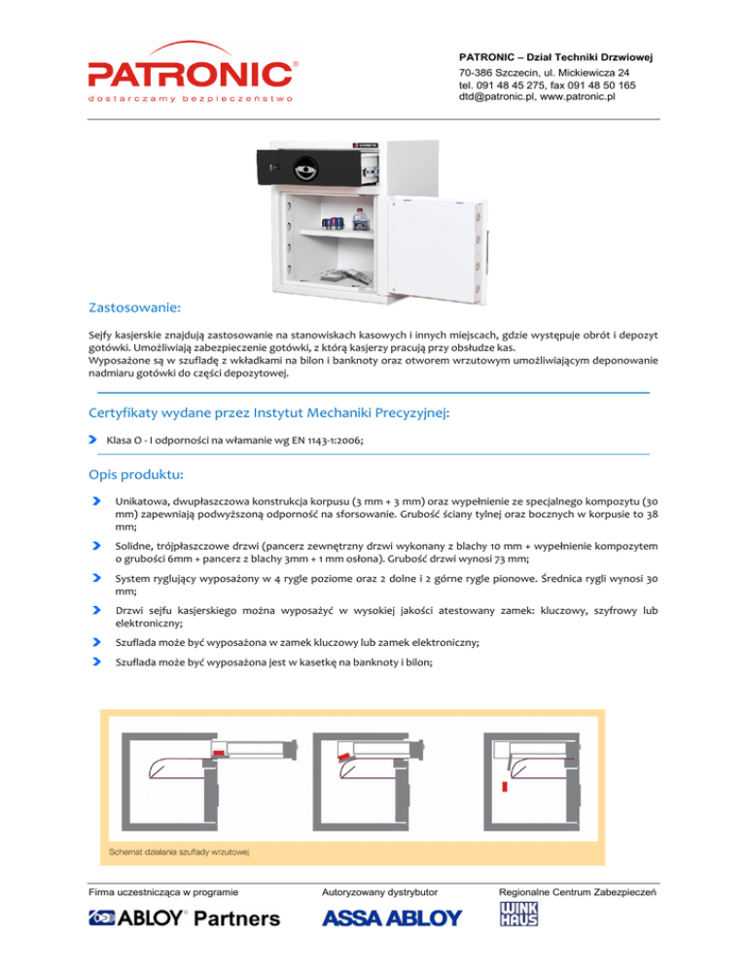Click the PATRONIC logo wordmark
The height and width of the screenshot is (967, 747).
pos(190,72)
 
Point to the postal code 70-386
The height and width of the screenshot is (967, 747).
pos(476,73)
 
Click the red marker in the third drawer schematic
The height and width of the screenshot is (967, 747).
pos(506,785)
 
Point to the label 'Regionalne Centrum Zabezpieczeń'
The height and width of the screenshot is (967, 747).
pos(578,890)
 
